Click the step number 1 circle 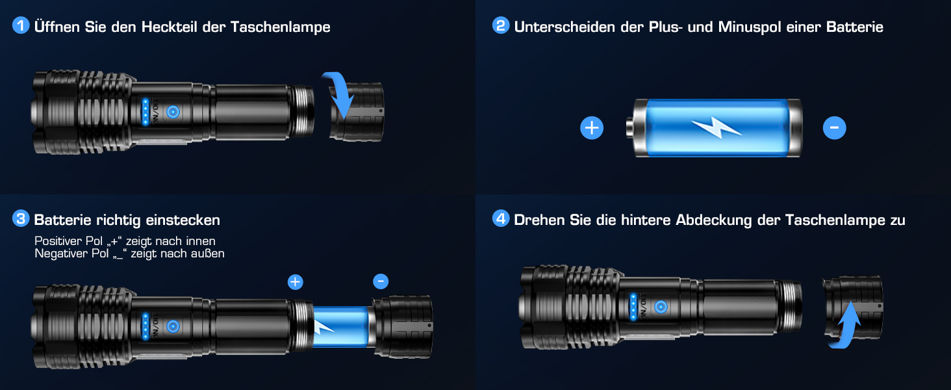pyautogui.click(x=21, y=25)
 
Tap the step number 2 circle pyautogui.click(x=501, y=25)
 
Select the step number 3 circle pyautogui.click(x=21, y=218)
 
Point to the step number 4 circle pyautogui.click(x=501, y=218)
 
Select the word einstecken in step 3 pyautogui.click(x=183, y=220)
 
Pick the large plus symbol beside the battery pyautogui.click(x=592, y=127)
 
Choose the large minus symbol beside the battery pyautogui.click(x=834, y=127)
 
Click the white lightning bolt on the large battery pyautogui.click(x=716, y=127)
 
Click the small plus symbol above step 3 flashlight pyautogui.click(x=296, y=281)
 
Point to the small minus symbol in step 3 pyautogui.click(x=381, y=281)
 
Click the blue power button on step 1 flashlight pyautogui.click(x=173, y=112)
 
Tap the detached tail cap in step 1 pyautogui.click(x=357, y=112)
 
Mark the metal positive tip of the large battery pyautogui.click(x=630, y=128)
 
